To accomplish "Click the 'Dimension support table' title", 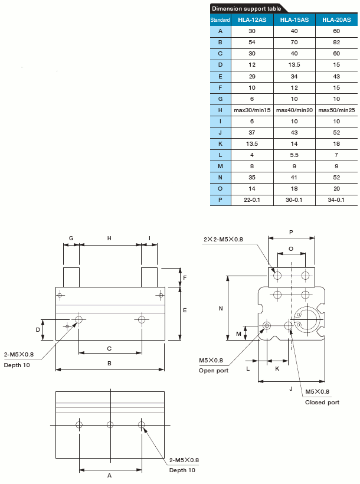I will click(246, 8).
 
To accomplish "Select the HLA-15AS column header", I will click(294, 19).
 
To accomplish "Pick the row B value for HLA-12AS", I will click(251, 42).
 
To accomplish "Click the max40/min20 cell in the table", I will click(294, 110).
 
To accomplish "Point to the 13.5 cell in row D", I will click(294, 64).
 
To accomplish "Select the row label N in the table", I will click(220, 177).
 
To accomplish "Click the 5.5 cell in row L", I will click(294, 155).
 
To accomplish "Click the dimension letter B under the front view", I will click(109, 363).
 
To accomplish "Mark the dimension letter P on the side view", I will click(291, 232).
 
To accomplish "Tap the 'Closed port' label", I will click(322, 402).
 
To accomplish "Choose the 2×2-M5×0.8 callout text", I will click(223, 239).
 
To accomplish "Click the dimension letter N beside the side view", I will click(221, 308).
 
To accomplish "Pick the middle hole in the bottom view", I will click(110, 424).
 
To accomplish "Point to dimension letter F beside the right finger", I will click(185, 277).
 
